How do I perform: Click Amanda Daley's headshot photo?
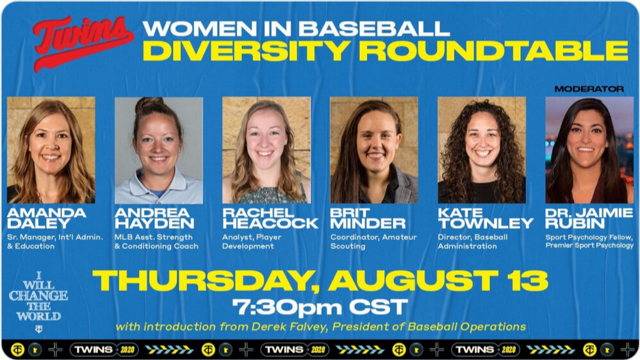pyautogui.click(x=51, y=150)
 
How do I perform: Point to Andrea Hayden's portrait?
pyautogui.click(x=158, y=150)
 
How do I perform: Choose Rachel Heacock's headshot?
pyautogui.click(x=266, y=150)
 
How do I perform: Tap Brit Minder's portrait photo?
pyautogui.click(x=373, y=150)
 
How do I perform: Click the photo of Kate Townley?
pyautogui.click(x=481, y=150)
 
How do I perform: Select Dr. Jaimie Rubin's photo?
pyautogui.click(x=589, y=150)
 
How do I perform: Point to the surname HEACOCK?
pyautogui.click(x=270, y=224)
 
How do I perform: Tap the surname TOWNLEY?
pyautogui.click(x=486, y=224)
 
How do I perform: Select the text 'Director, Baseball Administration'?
pyautogui.click(x=473, y=241)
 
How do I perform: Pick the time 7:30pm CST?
pyautogui.click(x=320, y=306)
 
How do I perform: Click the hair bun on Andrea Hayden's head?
pyautogui.click(x=149, y=104)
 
